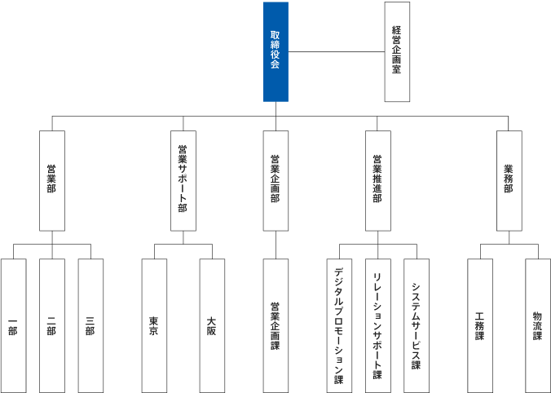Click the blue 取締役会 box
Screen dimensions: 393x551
[275, 51]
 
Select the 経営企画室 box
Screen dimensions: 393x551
[397, 51]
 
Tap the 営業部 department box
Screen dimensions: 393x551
[51, 180]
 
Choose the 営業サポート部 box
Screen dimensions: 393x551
[183, 180]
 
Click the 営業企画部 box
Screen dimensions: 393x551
[275, 180]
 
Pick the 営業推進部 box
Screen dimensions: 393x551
[377, 180]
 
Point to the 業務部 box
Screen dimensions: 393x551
[509, 180]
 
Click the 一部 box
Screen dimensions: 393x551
[13, 325]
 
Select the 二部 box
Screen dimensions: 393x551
[51, 325]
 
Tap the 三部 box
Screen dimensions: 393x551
[90, 325]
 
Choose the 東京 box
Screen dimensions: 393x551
[154, 325]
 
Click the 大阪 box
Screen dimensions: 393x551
[212, 325]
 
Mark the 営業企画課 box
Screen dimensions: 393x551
[275, 325]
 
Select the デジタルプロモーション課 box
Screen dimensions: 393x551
[339, 325]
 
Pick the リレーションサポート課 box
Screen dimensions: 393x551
[377, 325]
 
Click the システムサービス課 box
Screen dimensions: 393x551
[416, 325]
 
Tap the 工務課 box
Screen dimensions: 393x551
[479, 325]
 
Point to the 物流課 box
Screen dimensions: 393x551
[537, 325]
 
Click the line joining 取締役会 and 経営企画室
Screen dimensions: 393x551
[336, 52]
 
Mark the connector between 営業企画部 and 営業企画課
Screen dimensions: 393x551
[275, 245]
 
